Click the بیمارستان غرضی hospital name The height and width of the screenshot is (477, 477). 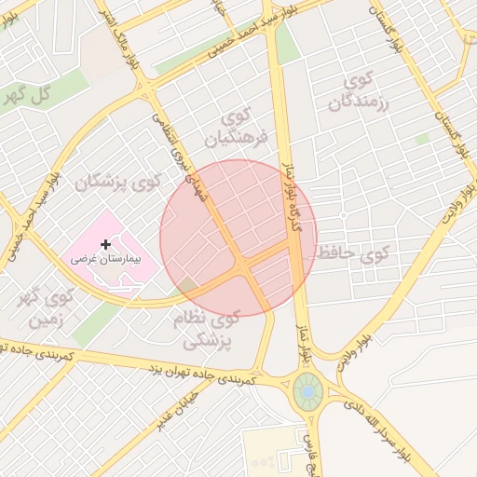click(x=104, y=260)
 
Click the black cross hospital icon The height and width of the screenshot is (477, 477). click(x=105, y=244)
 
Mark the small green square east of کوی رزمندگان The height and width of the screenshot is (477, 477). click(x=422, y=139)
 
